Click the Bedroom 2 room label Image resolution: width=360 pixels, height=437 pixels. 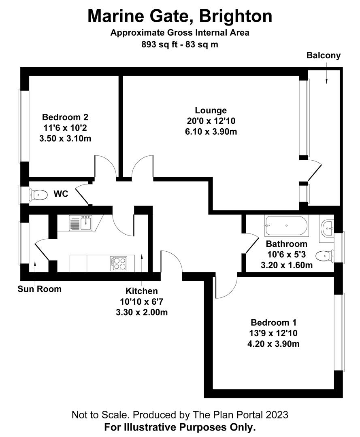coord(65,117)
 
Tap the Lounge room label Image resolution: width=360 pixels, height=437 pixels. coord(211,110)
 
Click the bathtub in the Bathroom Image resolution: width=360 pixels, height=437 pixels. coord(286,226)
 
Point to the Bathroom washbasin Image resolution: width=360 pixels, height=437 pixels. coord(327,229)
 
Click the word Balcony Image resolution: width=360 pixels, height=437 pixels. coord(323,55)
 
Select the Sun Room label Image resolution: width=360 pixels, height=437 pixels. coord(39,289)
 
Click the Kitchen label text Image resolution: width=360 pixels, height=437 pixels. coord(141,291)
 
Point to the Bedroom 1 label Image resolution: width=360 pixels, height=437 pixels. coord(273,322)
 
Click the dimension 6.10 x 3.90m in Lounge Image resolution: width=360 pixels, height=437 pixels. coord(211,131)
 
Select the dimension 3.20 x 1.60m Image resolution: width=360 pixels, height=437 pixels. coord(286,265)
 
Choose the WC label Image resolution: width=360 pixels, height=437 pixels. coord(61,194)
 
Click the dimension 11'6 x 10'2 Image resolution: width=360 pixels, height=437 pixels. coord(65,128)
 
